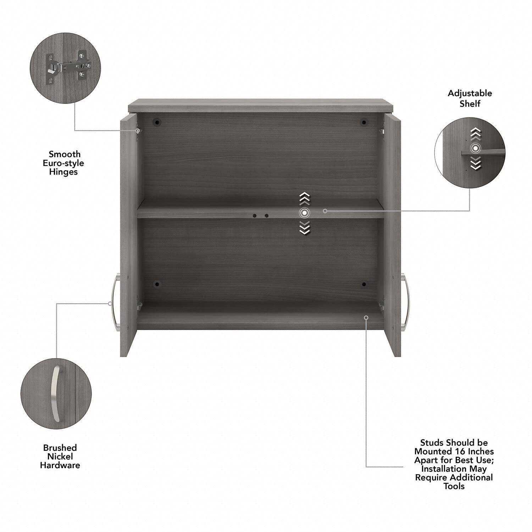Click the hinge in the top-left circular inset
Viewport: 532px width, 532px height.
65,66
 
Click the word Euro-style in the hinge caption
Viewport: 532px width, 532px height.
63,163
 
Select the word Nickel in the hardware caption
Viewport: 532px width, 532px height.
60,456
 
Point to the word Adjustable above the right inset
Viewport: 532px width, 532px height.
470,93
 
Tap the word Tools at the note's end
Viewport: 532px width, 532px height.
454,486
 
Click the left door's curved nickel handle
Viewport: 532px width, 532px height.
115,304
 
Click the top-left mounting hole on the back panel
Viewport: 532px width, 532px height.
156,123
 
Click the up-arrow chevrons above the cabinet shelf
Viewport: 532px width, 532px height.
304,199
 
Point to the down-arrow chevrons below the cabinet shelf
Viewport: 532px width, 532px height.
304,227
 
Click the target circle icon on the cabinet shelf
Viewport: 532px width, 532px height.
304,213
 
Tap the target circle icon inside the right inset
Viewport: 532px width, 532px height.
475,148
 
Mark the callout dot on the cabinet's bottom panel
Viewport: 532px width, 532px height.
366,317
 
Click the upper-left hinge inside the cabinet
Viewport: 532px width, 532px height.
139,131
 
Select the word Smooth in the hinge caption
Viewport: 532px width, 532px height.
65,154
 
